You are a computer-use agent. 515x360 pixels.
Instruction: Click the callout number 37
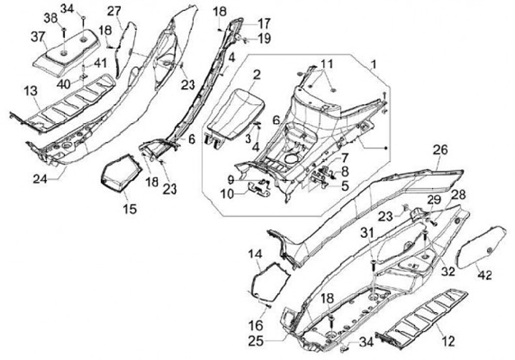pyautogui.click(x=37, y=37)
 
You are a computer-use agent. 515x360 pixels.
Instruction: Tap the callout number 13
pyautogui.click(x=31, y=91)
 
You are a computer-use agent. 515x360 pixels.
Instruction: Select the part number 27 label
pyautogui.click(x=114, y=11)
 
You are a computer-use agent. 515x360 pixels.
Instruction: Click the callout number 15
pyautogui.click(x=129, y=208)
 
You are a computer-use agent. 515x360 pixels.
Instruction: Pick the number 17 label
pyautogui.click(x=264, y=24)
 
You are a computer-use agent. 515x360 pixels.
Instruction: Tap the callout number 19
pyautogui.click(x=265, y=38)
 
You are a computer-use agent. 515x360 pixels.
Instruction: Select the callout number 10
pyautogui.click(x=227, y=194)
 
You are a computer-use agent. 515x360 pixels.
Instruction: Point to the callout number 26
pyautogui.click(x=440, y=150)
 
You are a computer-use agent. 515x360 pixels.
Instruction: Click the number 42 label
pyautogui.click(x=484, y=275)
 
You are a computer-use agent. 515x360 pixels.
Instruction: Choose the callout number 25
pyautogui.click(x=255, y=341)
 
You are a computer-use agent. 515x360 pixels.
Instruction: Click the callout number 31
pyautogui.click(x=368, y=233)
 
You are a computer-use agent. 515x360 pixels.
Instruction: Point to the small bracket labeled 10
pyautogui.click(x=259, y=190)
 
